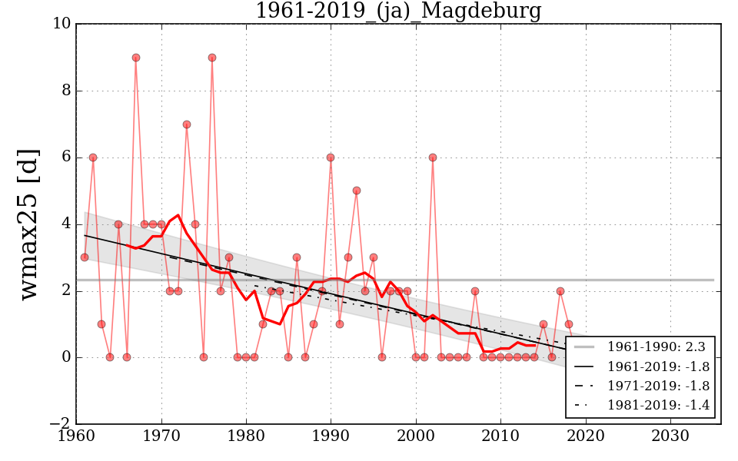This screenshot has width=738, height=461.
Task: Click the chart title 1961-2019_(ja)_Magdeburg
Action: point(398,12)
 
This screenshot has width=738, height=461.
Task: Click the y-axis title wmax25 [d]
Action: point(29,224)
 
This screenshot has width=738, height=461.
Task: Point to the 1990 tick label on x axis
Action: point(331,437)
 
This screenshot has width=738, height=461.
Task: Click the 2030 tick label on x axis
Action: point(670,437)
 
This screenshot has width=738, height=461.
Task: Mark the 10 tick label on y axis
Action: point(61,24)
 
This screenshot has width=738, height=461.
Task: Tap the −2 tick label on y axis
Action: point(59,424)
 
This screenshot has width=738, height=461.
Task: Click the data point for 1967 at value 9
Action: point(136,58)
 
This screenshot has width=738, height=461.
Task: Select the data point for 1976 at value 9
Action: point(212,58)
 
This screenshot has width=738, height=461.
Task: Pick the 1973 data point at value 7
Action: point(187,124)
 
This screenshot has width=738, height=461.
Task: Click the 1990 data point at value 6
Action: point(331,158)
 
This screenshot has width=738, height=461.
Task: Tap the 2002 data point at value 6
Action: point(433,158)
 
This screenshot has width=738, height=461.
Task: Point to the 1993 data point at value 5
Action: point(357,191)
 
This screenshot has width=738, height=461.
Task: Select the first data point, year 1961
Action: point(85,257)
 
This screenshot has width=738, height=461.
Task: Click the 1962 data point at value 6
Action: point(93,158)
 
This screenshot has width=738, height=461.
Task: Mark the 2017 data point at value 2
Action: point(560,291)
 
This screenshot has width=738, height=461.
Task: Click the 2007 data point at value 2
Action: point(475,291)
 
